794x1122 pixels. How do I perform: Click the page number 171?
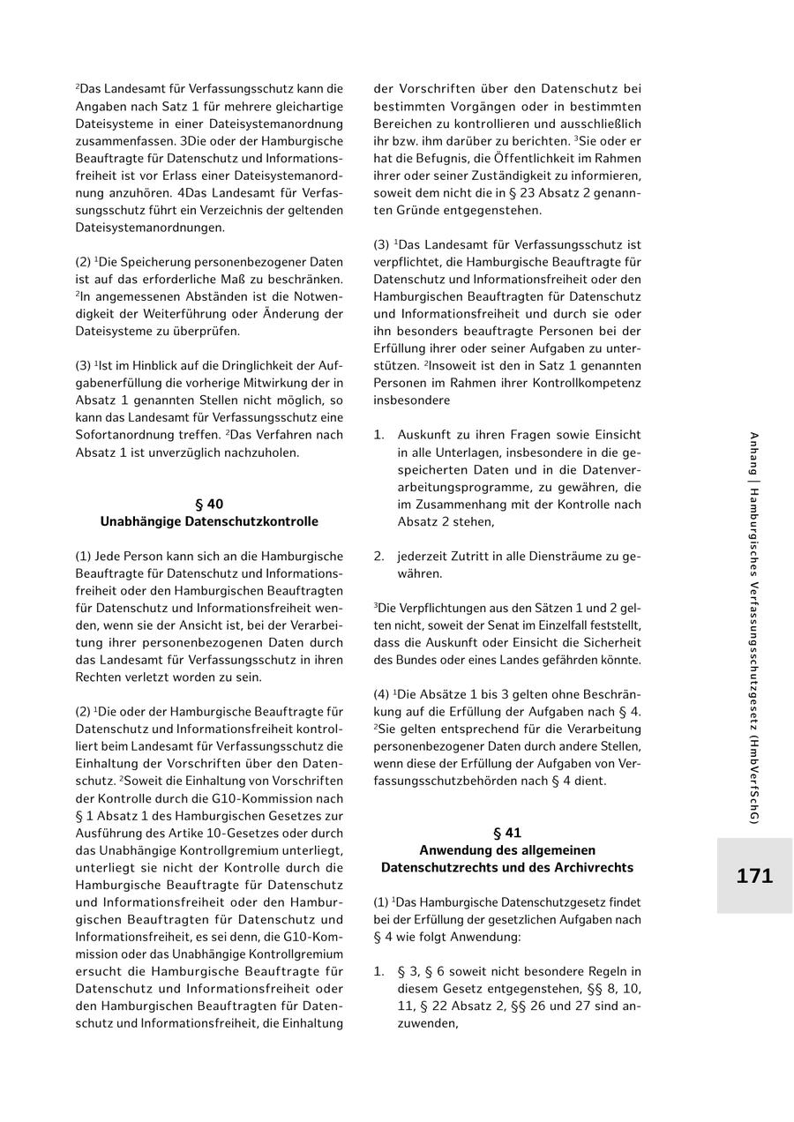click(x=754, y=876)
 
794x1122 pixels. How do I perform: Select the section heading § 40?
click(x=209, y=505)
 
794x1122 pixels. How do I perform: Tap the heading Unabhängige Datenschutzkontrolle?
click(x=209, y=521)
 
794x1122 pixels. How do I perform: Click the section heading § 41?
click(x=507, y=833)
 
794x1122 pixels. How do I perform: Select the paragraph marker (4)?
click(x=381, y=695)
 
